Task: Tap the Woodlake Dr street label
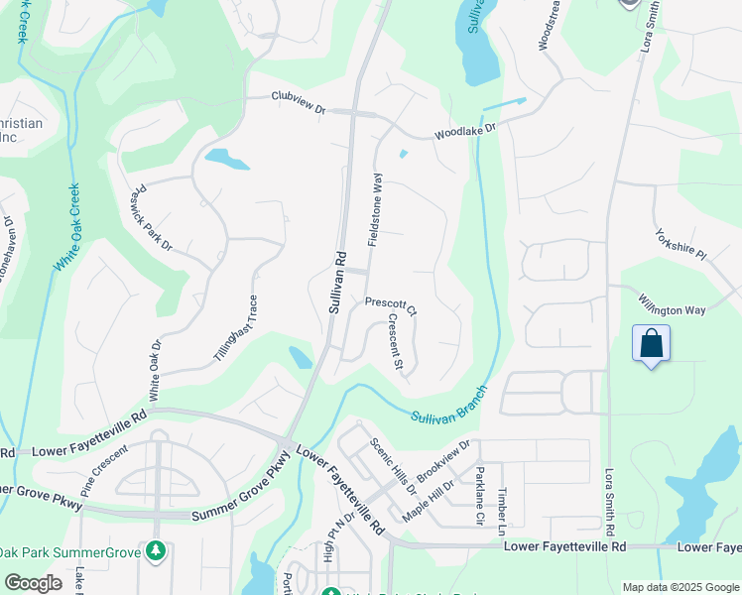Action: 463,129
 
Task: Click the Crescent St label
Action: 395,343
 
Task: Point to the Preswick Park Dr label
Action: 152,214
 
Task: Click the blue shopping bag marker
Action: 651,344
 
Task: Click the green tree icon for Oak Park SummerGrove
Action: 154,549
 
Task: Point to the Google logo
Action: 33,583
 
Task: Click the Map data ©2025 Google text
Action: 680,587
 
